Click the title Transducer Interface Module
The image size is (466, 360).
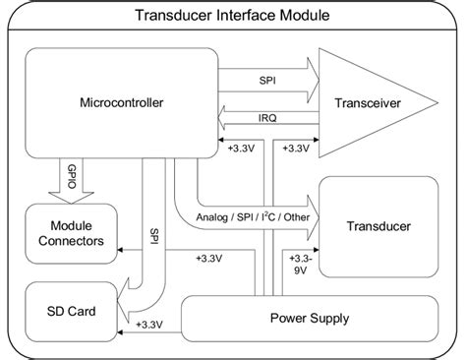[232, 17]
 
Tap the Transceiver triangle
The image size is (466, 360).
[365, 102]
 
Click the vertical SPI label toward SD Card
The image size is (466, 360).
[154, 237]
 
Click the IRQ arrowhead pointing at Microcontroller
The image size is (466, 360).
[224, 118]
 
